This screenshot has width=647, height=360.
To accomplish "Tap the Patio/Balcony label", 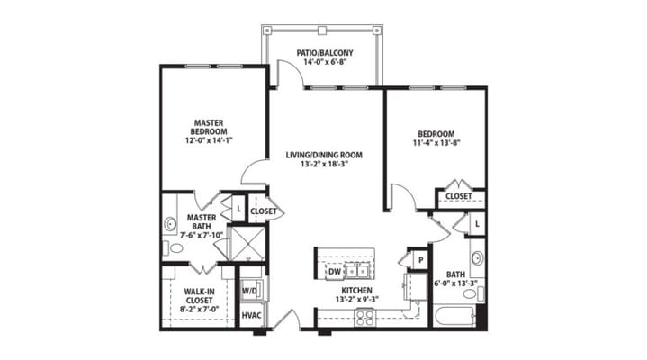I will (325, 53).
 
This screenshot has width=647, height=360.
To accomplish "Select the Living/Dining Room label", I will (324, 155).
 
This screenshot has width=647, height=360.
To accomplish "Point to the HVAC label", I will (251, 316).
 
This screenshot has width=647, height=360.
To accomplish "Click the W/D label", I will (250, 291).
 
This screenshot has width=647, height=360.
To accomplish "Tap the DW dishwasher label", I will (334, 270).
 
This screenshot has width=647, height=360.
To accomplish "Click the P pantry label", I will (419, 260).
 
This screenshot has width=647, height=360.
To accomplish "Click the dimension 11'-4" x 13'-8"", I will (436, 142).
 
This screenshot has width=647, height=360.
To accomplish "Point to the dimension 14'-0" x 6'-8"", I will (325, 64).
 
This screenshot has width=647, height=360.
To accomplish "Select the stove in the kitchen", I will (366, 315).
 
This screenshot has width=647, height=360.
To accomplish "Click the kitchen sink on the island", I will (360, 270).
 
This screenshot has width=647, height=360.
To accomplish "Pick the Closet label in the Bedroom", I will (459, 195).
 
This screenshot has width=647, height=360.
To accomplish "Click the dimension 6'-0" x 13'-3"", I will (454, 284).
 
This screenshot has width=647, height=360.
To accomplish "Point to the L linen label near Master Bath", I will (238, 210).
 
